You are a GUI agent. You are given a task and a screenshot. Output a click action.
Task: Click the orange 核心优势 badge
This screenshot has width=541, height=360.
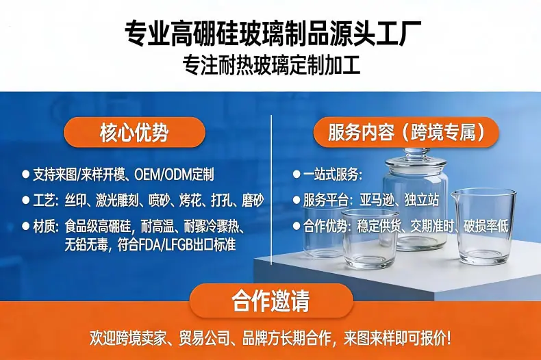point(134,132)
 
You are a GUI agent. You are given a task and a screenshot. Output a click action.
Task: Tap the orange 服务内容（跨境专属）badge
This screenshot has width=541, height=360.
point(405,132)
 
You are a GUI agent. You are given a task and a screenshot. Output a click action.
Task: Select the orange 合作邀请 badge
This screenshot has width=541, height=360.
point(271,301)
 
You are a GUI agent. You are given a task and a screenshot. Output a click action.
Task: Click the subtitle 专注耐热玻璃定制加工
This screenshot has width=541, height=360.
point(272,64)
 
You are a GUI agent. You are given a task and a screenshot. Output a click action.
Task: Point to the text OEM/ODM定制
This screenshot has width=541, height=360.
point(174,175)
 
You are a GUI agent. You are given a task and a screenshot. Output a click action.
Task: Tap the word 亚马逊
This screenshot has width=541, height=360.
point(377,200)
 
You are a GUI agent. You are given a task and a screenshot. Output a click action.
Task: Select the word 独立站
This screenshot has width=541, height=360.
point(422,200)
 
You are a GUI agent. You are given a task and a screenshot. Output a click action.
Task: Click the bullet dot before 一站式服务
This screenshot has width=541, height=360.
point(297,174)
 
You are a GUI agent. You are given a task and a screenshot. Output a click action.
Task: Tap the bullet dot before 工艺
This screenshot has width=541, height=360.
point(25,201)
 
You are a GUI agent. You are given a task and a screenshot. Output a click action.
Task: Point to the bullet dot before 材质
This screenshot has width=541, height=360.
point(25,227)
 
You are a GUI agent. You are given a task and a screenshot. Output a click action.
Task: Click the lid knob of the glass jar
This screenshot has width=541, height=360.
point(416,153)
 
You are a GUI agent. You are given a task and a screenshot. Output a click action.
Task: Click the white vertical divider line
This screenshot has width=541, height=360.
point(272,190)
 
